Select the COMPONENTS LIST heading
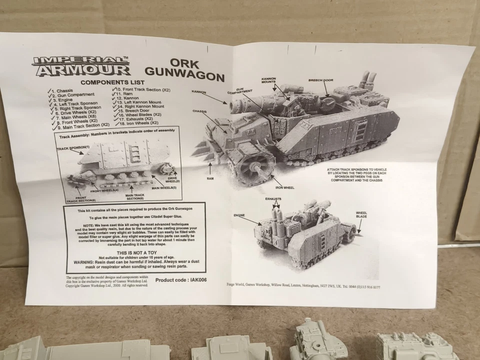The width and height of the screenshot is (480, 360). coord(113,82)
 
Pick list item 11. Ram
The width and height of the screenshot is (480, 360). coord(125,94)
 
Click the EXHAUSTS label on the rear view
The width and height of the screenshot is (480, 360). coord(274,199)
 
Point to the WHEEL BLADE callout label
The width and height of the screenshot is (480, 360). coord(361,214)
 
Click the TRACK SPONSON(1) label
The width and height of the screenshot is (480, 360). coord(73,148)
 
